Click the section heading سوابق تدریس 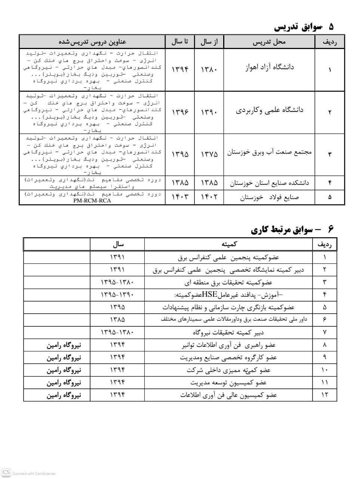(303, 27)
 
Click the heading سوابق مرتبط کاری (292, 229)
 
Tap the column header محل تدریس (269, 42)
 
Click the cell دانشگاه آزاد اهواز (269, 67)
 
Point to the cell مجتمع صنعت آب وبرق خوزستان (269, 153)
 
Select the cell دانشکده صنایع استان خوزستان (269, 183)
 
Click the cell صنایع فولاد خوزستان (269, 197)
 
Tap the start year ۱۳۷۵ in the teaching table (209, 154)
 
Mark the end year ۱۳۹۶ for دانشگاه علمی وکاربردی (180, 112)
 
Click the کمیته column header (229, 244)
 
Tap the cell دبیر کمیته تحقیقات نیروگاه (229, 332)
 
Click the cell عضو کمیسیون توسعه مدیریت (228, 382)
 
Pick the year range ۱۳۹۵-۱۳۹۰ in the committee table (117, 295)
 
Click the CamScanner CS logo (6, 472)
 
